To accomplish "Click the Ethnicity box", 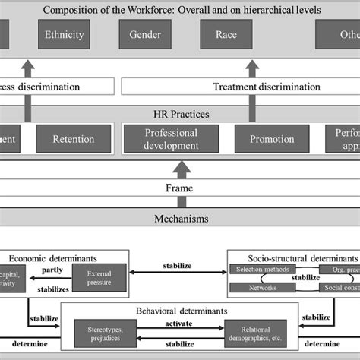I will tap(65, 35).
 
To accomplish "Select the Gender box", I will tap(145, 35).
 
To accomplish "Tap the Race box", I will tap(226, 35).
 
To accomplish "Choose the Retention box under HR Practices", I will tap(74, 139).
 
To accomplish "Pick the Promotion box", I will tap(266, 139).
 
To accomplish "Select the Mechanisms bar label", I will tap(179, 219).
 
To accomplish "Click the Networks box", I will tap(261, 288).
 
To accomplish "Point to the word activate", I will tap(179, 323).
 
